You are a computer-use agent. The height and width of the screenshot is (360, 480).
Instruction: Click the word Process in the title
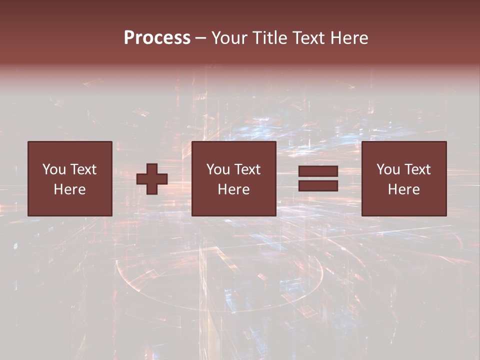(x=157, y=38)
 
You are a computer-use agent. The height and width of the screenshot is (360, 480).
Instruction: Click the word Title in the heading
(x=270, y=38)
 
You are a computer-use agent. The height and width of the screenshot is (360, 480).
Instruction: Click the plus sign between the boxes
(x=152, y=179)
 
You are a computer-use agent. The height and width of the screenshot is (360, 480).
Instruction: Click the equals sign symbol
(x=318, y=178)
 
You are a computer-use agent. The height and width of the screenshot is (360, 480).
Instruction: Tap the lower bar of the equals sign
(x=318, y=185)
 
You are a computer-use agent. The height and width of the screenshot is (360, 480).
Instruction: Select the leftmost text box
(x=69, y=178)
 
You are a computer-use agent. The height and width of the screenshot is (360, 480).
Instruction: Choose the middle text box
(x=233, y=178)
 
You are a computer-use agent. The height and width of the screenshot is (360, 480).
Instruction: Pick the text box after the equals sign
(x=403, y=178)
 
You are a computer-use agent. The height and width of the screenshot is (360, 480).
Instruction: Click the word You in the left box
(x=54, y=169)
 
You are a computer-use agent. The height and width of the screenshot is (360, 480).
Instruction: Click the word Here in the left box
(x=69, y=189)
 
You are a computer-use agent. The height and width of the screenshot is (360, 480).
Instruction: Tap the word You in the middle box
(x=218, y=169)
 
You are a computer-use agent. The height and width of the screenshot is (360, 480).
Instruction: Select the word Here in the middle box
(x=233, y=189)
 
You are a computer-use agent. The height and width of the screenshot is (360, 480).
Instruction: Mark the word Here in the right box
(x=403, y=189)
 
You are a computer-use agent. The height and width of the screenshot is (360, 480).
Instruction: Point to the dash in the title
(x=201, y=38)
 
